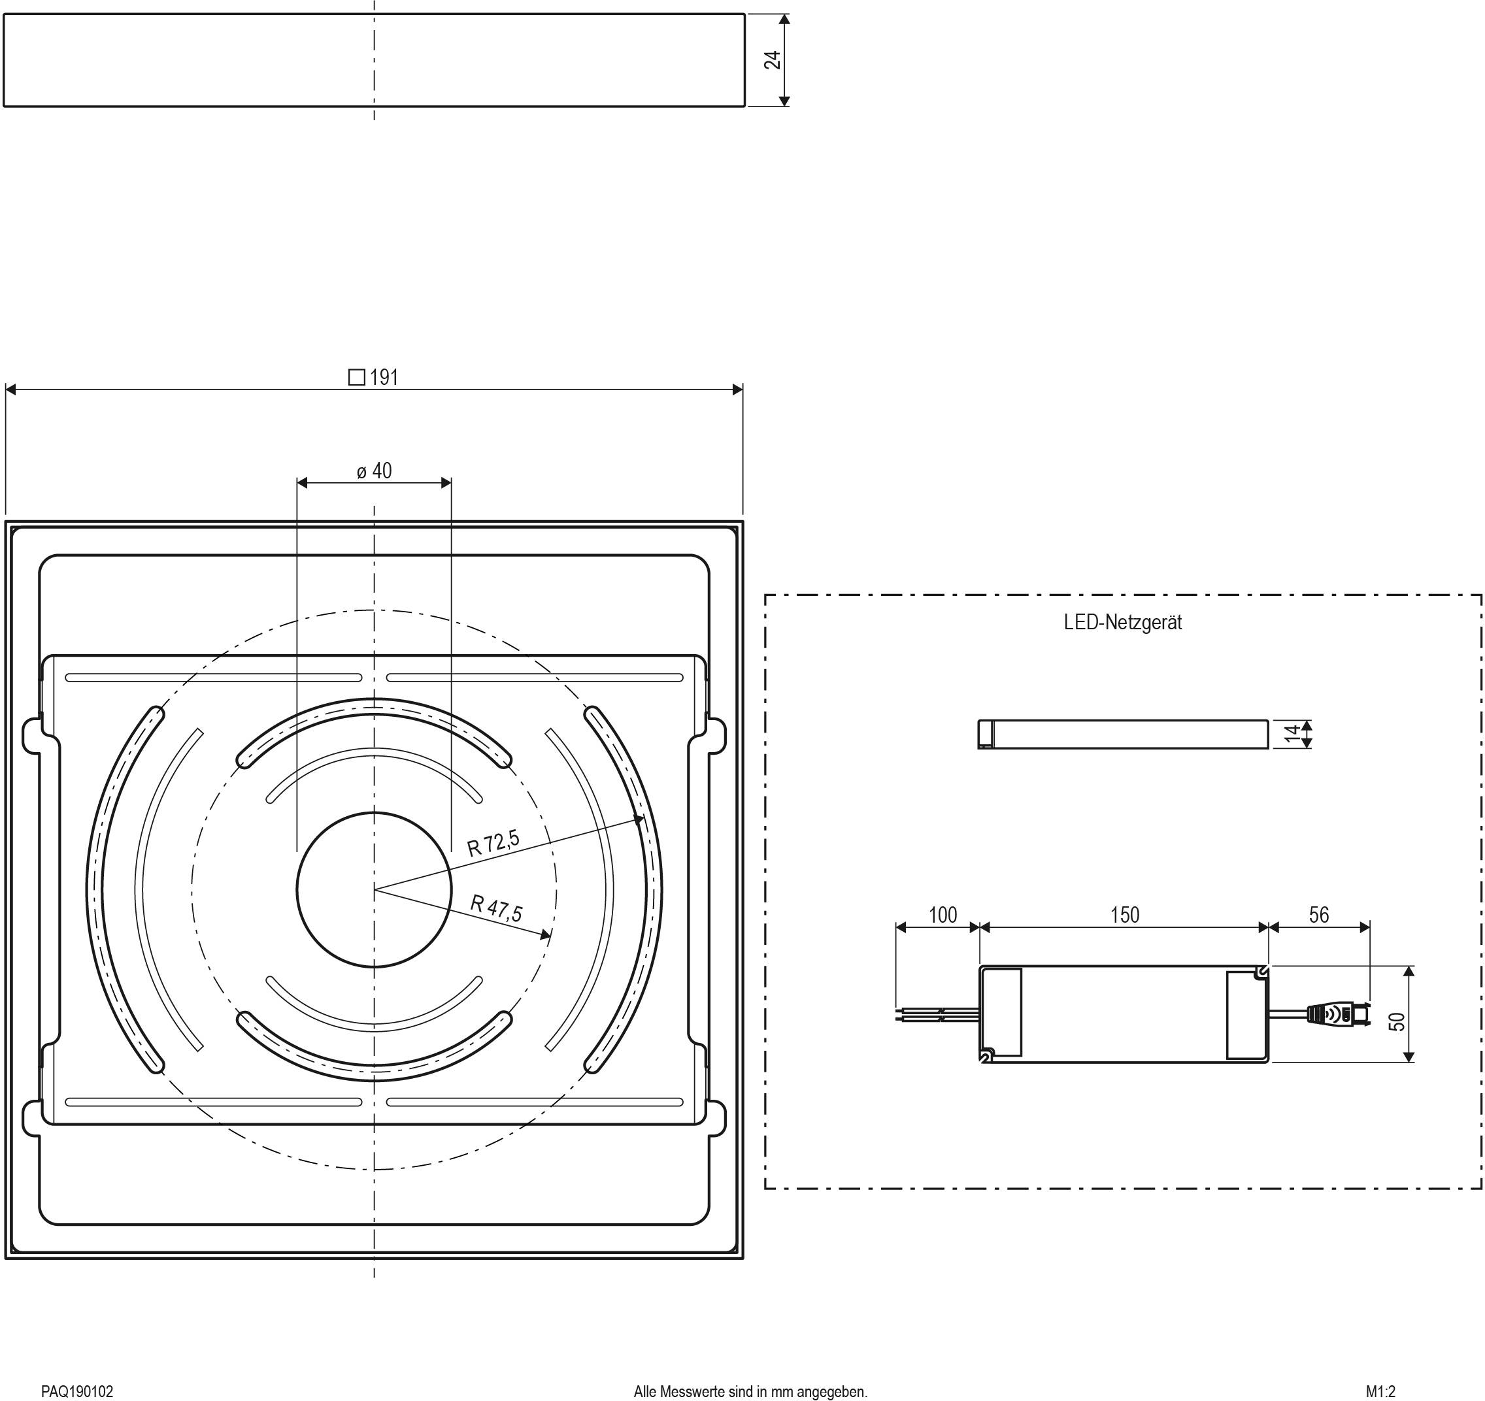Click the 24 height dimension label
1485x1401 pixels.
point(773,59)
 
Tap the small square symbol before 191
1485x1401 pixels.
point(357,377)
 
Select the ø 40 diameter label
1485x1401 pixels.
point(375,471)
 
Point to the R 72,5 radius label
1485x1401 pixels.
point(493,842)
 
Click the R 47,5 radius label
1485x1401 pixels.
point(496,908)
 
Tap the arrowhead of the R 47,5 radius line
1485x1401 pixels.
point(547,934)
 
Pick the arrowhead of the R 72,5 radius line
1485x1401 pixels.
point(639,820)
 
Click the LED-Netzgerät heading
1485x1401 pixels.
point(1123,622)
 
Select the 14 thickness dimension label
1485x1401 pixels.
point(1293,733)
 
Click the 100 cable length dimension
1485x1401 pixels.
point(942,915)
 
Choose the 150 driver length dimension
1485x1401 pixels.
point(1124,915)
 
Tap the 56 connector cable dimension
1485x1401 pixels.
point(1318,915)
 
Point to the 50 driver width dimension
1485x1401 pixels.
point(1397,1021)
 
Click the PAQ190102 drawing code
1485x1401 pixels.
point(77,1391)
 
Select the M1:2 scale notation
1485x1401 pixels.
point(1380,1391)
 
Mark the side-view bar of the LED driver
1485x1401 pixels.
point(1123,733)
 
